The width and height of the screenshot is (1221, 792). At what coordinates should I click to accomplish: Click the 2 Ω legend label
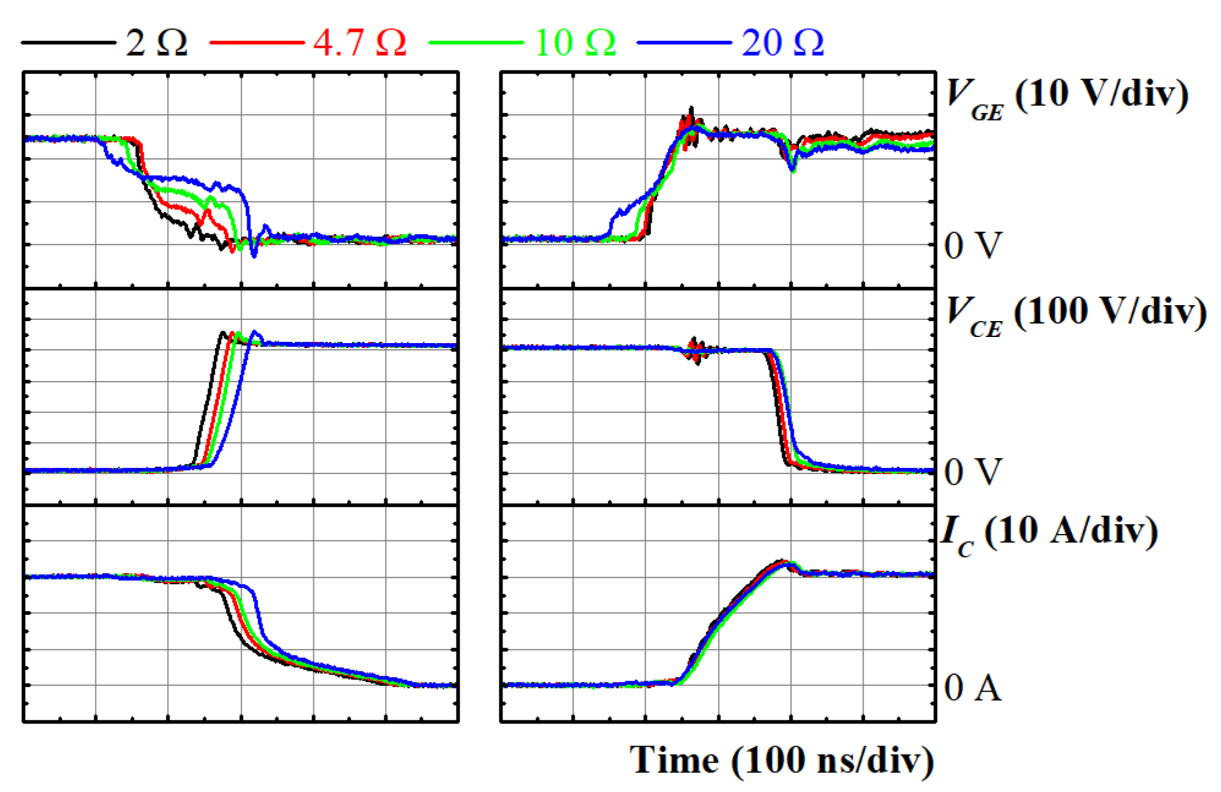[156, 43]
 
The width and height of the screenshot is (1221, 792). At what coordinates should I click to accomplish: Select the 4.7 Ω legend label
[360, 43]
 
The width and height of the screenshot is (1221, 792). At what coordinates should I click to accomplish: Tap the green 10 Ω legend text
[574, 43]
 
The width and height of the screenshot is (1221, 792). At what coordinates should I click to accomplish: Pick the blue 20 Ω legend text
[782, 43]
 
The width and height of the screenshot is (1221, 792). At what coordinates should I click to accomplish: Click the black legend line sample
[69, 43]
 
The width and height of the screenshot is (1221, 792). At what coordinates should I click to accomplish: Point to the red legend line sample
[257, 43]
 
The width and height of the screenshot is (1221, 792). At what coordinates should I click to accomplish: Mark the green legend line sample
[476, 43]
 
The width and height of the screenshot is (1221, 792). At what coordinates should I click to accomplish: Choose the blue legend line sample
[684, 43]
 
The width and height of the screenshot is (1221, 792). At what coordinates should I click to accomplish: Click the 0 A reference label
[973, 687]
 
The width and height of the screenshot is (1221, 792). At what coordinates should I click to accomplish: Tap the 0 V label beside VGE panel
[973, 245]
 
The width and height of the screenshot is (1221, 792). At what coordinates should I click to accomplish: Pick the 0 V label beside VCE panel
[973, 472]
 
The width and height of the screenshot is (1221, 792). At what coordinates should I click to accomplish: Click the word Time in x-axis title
[674, 760]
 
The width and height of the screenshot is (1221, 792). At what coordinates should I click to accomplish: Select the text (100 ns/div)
[832, 760]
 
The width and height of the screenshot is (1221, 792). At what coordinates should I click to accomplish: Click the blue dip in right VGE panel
[793, 166]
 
